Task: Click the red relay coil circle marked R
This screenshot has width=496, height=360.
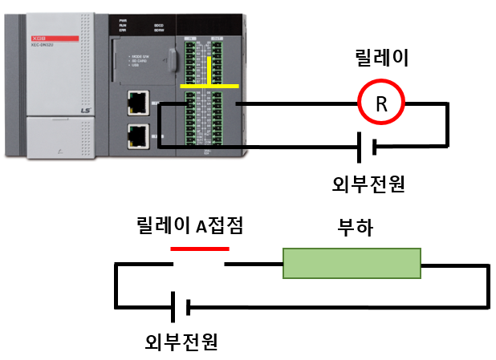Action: (381, 103)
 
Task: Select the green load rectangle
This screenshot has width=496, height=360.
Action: (352, 263)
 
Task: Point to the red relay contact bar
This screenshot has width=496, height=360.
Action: (200, 249)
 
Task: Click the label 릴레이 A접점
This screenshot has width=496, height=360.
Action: (190, 227)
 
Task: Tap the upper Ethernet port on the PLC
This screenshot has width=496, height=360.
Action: (138, 102)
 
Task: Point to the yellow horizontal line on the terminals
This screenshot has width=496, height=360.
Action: (209, 85)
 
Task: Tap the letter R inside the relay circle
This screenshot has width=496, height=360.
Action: (381, 103)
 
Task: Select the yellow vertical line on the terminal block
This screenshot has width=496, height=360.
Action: (210, 71)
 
